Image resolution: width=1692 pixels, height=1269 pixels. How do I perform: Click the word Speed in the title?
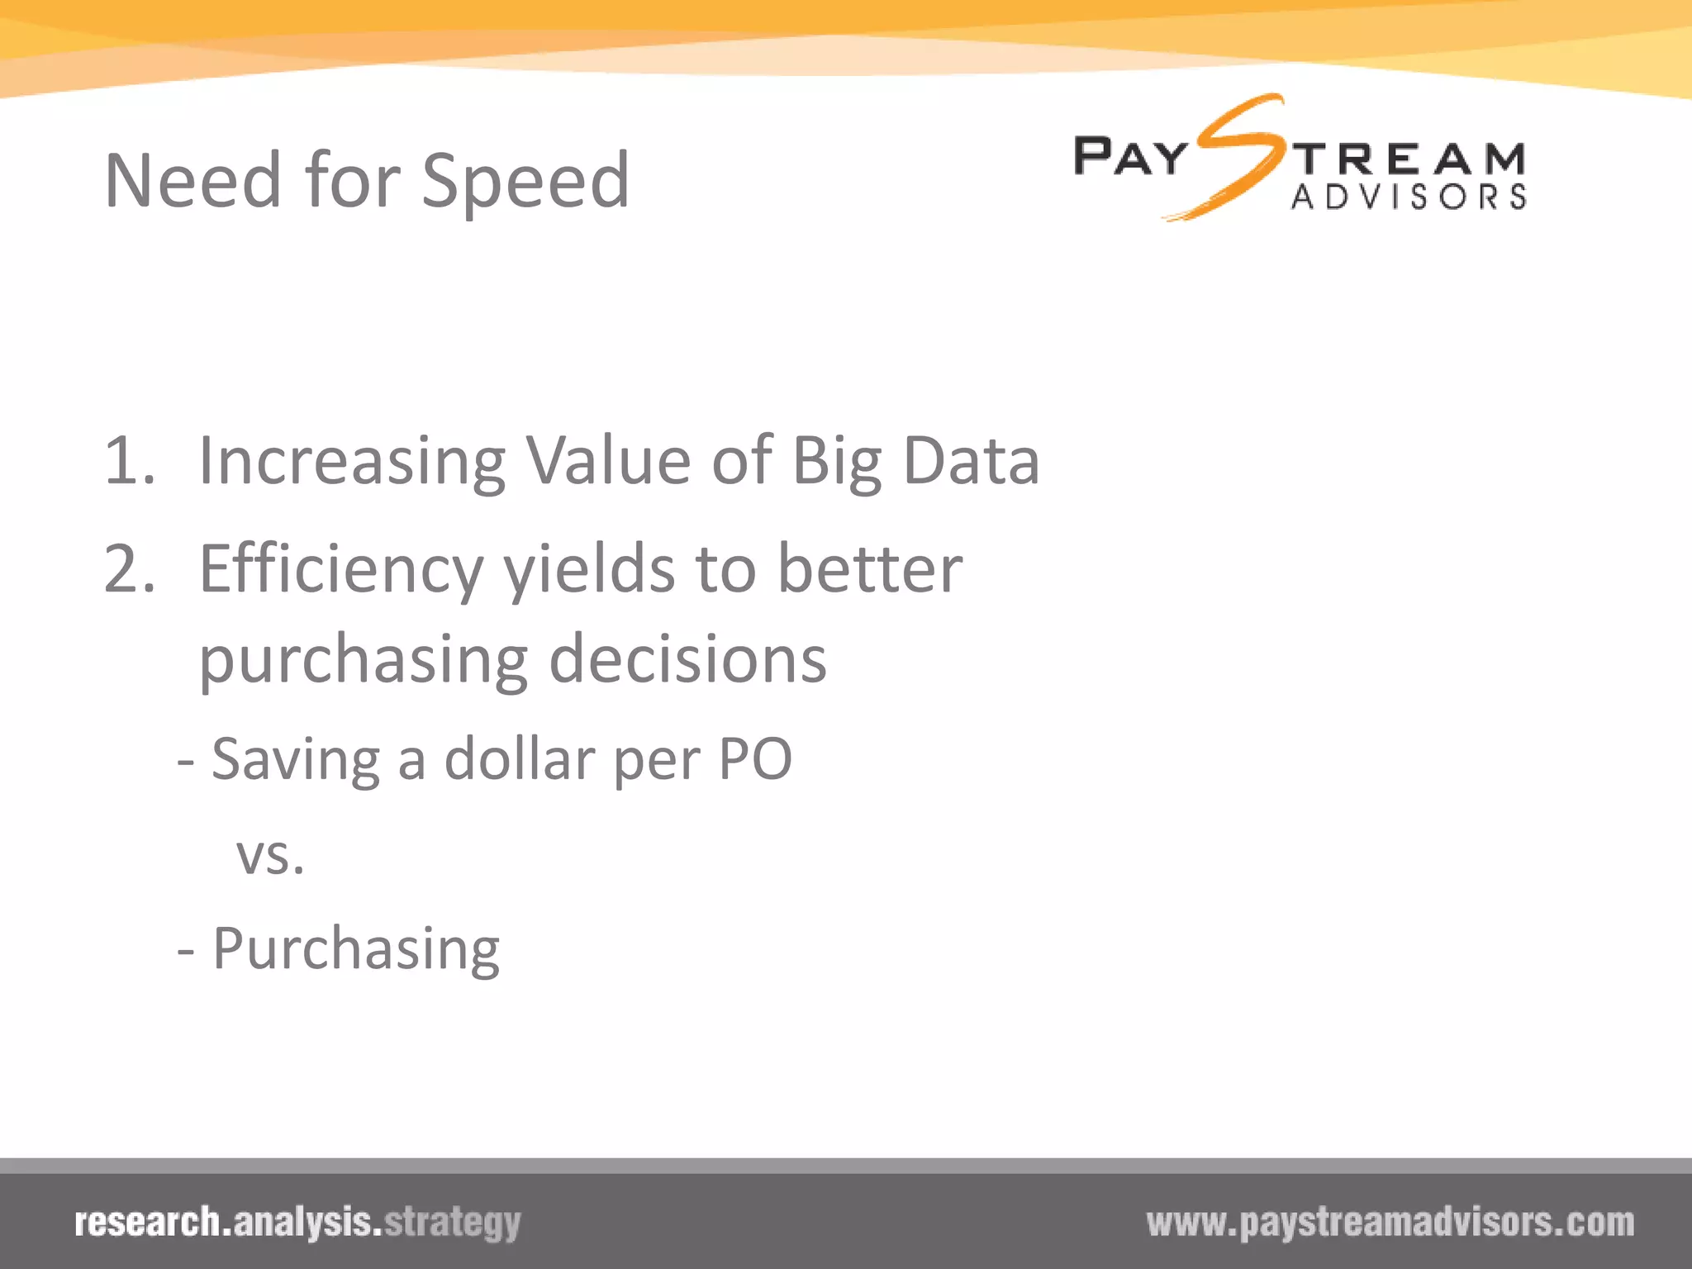(x=525, y=182)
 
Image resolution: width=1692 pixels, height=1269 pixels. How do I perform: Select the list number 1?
(x=129, y=461)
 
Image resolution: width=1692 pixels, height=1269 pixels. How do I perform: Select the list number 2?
(x=130, y=569)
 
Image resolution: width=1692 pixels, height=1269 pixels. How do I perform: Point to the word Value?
(x=608, y=461)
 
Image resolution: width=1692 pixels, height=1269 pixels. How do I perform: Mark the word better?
(x=870, y=569)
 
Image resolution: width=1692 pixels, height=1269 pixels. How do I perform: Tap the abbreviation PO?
(x=755, y=758)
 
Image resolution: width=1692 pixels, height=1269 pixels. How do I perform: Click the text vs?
(x=270, y=856)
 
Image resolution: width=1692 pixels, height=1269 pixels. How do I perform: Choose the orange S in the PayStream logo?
(x=1234, y=157)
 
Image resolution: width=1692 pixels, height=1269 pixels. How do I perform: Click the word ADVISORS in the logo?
(x=1409, y=197)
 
